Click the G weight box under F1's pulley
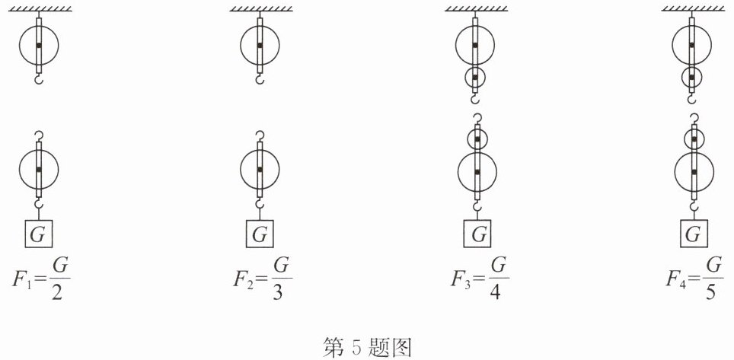click(x=38, y=234)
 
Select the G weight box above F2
click(x=260, y=234)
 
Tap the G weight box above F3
click(x=477, y=234)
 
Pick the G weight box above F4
click(x=693, y=234)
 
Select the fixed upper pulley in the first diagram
click(x=38, y=45)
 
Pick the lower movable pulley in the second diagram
click(x=260, y=169)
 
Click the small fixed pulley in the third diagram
click(x=475, y=77)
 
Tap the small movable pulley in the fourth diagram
click(x=693, y=139)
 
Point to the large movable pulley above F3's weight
click(x=477, y=173)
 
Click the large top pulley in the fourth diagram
click(x=691, y=45)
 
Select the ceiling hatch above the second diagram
click(x=260, y=8)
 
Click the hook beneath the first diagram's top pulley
click(x=38, y=78)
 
